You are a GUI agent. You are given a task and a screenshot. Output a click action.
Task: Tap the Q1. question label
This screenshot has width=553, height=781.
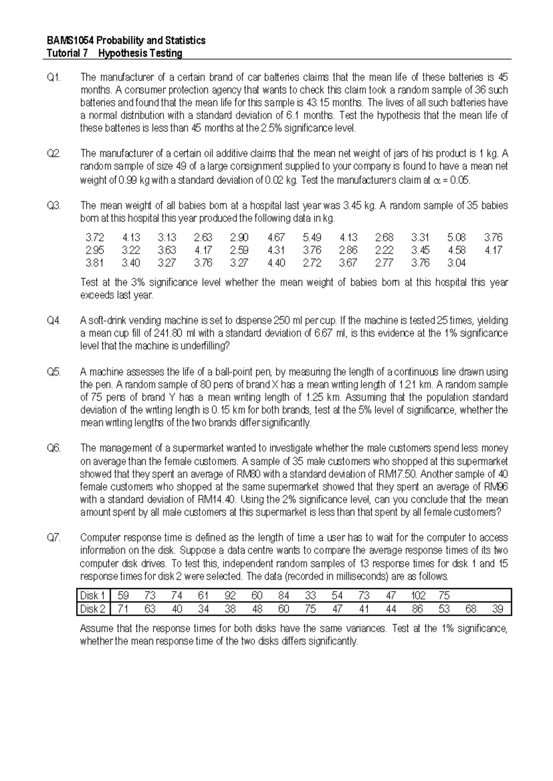pos(54,77)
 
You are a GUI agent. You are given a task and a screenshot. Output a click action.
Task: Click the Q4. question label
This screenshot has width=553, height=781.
pos(54,321)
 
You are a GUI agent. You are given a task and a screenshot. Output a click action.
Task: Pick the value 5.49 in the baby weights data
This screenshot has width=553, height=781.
pos(312,238)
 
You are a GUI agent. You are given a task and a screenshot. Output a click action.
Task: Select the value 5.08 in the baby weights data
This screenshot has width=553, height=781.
pos(456,238)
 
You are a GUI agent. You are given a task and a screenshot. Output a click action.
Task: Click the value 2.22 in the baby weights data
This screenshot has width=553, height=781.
pos(384,250)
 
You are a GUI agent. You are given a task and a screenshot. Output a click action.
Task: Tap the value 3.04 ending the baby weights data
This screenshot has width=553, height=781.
pos(456,263)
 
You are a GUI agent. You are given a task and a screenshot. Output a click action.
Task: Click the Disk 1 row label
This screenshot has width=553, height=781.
pos(93,595)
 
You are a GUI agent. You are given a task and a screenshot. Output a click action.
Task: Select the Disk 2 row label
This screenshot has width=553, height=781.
pos(93,609)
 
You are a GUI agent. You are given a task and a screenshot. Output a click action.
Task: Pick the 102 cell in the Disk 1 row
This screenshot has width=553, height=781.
pos(418,595)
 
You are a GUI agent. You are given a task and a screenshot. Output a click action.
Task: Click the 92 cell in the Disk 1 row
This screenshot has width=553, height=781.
pos(230,595)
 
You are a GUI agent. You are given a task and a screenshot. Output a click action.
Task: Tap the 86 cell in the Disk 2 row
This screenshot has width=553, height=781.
pos(418,609)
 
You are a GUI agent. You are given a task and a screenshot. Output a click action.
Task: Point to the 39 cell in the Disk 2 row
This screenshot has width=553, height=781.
pos(497,609)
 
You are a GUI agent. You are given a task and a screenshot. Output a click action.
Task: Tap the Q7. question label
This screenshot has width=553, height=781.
pos(54,537)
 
